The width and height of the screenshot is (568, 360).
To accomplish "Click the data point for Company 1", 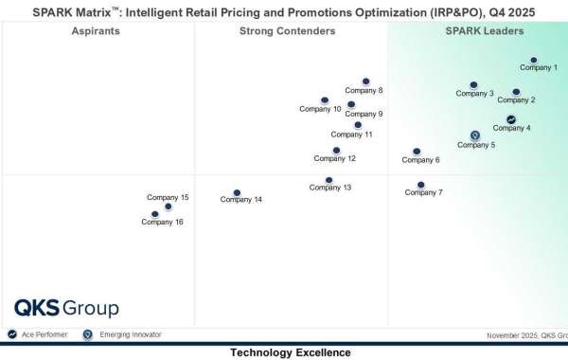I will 534,60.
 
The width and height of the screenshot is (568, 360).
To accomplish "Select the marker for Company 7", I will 421,185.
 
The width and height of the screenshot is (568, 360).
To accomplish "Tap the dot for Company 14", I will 238,192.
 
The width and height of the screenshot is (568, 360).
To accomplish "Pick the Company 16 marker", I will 155,214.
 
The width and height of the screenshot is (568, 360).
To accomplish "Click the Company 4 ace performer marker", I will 511,119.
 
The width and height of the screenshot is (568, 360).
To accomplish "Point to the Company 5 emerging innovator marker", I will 475,135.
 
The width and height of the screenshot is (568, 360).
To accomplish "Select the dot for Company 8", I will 365,82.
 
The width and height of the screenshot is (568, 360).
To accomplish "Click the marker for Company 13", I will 329,179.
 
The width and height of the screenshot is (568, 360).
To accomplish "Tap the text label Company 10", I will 320,109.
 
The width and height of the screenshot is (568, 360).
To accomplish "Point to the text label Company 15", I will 168,197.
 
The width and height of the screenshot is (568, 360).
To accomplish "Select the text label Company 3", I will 474,93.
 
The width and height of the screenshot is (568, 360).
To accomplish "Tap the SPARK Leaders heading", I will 478,31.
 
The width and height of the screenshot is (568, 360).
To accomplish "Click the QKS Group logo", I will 66,308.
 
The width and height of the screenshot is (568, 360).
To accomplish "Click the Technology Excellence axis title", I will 290,352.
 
